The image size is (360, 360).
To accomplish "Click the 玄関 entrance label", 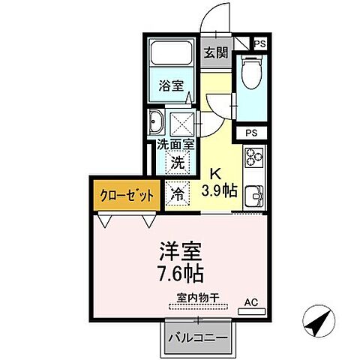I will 215,54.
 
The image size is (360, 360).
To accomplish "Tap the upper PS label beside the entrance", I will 259,45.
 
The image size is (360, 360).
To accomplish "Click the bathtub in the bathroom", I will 169,55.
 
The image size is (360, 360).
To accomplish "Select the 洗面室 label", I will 175,145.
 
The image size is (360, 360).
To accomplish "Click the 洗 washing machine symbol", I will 178,161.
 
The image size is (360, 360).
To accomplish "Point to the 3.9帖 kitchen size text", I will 220,190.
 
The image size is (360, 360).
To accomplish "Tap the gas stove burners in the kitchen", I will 253,159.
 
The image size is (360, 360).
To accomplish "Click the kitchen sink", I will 253,196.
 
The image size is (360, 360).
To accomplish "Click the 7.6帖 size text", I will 179,269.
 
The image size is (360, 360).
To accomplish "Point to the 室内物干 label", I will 198,298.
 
